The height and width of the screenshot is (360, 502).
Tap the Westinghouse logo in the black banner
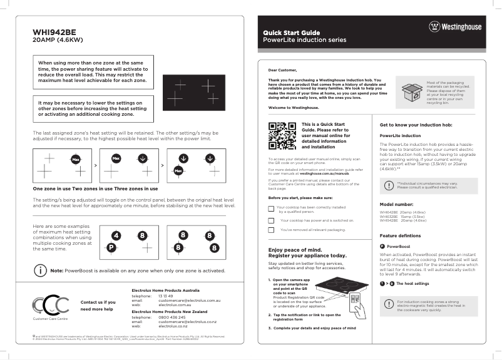[455, 27]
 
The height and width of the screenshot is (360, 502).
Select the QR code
[282, 136]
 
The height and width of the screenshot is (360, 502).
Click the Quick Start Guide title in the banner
[291, 32]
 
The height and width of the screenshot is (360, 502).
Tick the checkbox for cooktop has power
[271, 220]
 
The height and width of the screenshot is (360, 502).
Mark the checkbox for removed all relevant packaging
[271, 230]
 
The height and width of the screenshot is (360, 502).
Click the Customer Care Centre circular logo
[52, 304]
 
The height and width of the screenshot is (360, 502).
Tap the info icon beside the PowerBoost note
[41, 270]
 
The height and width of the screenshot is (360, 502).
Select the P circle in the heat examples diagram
[111, 248]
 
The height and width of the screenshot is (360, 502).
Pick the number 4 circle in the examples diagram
[116, 235]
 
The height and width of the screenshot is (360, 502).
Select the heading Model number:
[396, 204]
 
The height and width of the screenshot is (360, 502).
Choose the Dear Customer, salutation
[282, 70]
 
